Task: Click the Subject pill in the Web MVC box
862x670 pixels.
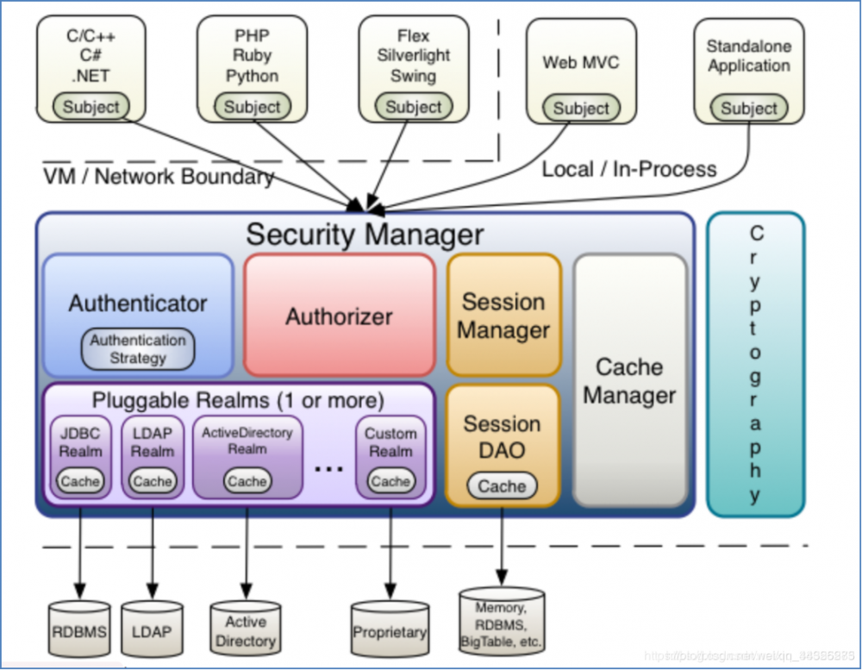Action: pos(581,109)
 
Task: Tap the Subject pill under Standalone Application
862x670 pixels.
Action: pos(748,109)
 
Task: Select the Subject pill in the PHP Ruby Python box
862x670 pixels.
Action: pos(252,107)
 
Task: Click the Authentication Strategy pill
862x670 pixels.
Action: pos(138,348)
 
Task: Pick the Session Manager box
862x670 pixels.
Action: pos(503,315)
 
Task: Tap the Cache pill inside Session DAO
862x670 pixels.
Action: pos(502,486)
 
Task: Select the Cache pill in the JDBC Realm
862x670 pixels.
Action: pos(80,481)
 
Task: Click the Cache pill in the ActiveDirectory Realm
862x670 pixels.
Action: pos(247,481)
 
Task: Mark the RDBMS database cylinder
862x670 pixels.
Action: pos(78,632)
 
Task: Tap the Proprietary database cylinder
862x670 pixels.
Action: pos(390,632)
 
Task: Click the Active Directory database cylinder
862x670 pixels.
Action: pos(246,631)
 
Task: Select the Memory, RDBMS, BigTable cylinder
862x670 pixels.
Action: pos(502,623)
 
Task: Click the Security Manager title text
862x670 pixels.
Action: pos(365,234)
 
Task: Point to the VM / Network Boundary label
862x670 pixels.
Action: pos(159,177)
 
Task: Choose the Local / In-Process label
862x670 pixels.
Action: pos(628,169)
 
